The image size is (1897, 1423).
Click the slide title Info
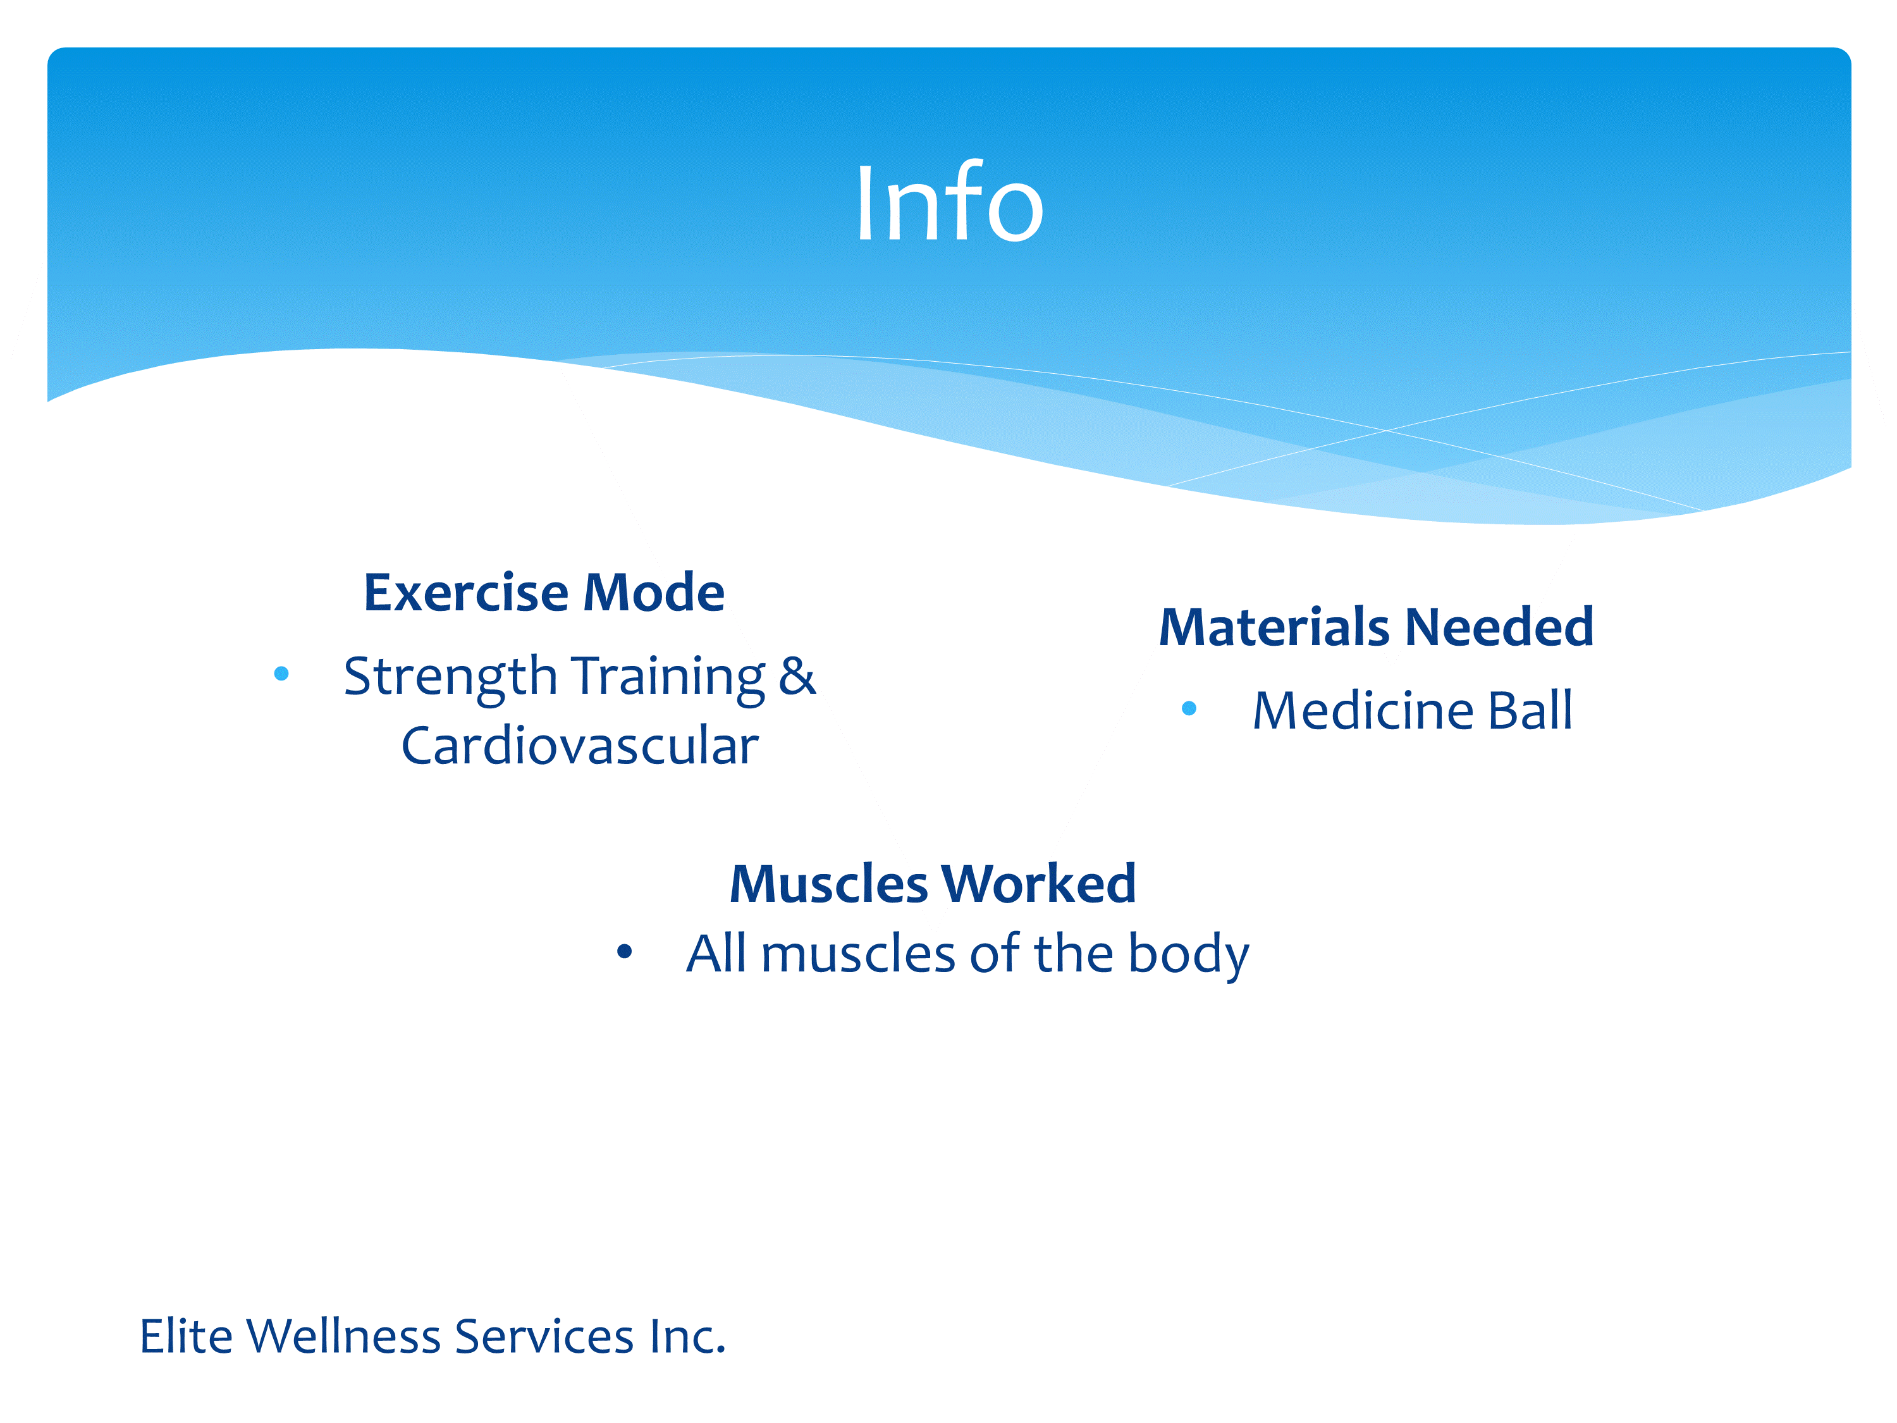click(949, 202)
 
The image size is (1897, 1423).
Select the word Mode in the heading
click(654, 592)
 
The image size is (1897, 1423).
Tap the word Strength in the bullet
click(451, 677)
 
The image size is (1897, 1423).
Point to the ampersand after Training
click(797, 676)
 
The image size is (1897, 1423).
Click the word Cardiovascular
click(580, 746)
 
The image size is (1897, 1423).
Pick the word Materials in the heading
click(1274, 627)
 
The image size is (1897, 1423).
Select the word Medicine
click(1363, 711)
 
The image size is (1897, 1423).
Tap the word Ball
click(1531, 711)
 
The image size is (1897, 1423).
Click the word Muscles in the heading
click(829, 884)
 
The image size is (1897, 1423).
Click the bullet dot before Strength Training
click(281, 674)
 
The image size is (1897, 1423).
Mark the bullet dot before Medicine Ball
click(1189, 708)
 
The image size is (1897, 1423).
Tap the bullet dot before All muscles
click(624, 951)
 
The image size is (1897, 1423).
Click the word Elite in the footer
click(186, 1336)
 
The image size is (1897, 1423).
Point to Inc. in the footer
click(688, 1336)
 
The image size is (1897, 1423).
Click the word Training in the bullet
click(668, 677)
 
